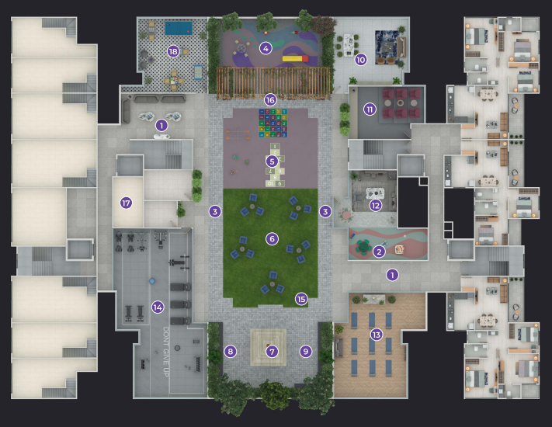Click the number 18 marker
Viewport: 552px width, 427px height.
click(173, 52)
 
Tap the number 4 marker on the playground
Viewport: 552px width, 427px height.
click(266, 48)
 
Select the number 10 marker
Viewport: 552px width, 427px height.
click(360, 60)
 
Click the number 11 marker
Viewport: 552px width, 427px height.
click(370, 109)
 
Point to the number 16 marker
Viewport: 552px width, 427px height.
click(270, 100)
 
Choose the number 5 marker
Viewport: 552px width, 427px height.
click(272, 161)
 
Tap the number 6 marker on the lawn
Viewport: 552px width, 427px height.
click(272, 239)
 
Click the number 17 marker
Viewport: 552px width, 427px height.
click(126, 203)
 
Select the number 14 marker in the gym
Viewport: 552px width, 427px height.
click(158, 307)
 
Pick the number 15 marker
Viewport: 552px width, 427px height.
click(301, 299)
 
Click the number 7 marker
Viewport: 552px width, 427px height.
click(272, 351)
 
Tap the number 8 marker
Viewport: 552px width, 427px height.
click(231, 351)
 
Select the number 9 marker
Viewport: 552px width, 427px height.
click(306, 351)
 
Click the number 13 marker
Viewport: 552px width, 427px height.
click(377, 335)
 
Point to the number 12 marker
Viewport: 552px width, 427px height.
click(376, 206)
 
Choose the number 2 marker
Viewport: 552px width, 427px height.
click(379, 252)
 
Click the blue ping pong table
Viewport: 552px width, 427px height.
click(179, 28)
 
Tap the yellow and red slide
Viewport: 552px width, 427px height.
click(295, 58)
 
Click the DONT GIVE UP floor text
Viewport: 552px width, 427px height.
click(166, 352)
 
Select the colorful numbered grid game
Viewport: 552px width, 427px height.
click(273, 123)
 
